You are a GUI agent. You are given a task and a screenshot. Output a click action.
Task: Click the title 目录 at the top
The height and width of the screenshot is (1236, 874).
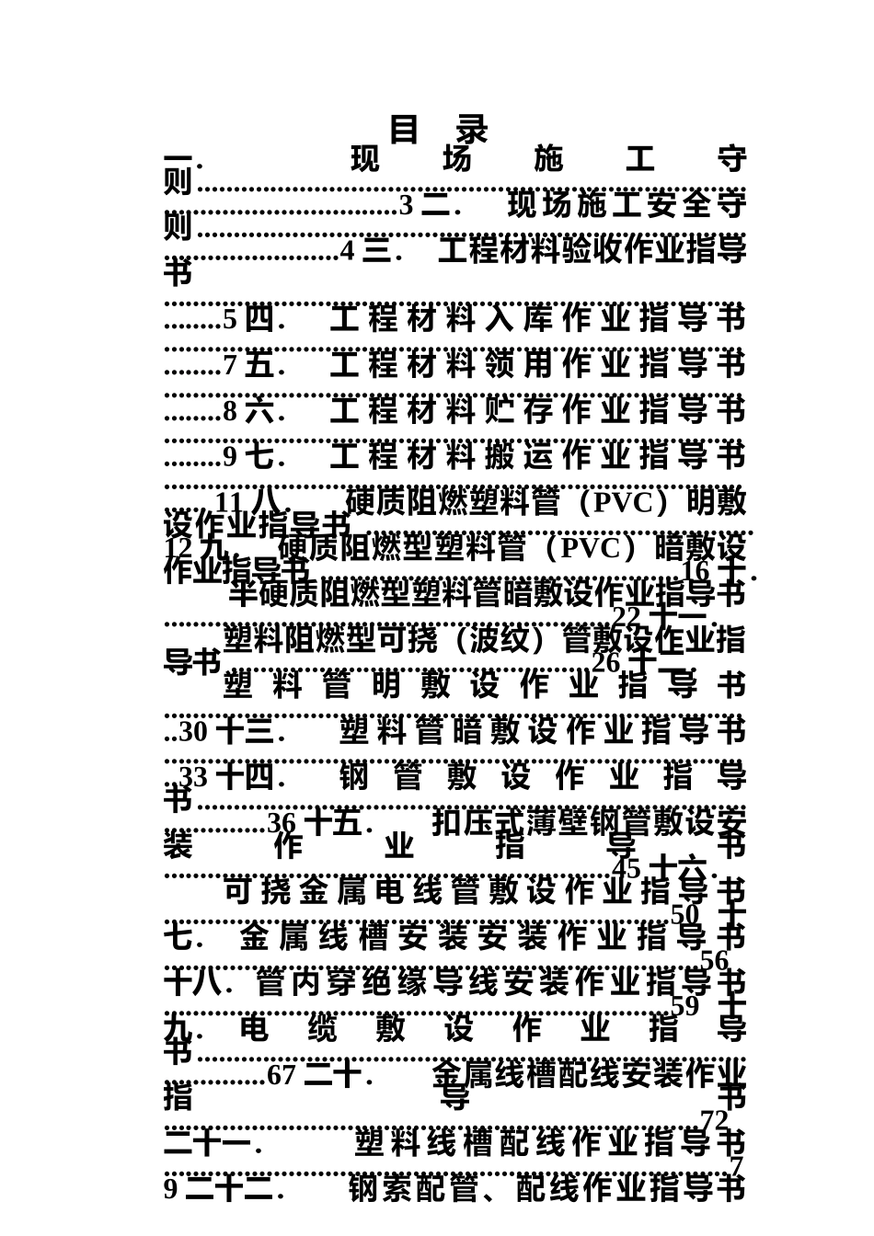coord(438,130)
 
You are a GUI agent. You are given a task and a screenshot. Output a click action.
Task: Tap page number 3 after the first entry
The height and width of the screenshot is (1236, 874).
coord(406,206)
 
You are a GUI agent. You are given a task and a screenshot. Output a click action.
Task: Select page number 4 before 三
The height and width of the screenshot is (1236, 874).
coord(347,250)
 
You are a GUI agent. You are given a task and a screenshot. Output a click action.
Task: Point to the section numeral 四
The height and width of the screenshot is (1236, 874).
coord(260,319)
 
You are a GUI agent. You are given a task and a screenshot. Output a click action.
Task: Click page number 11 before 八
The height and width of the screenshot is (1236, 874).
coord(229,502)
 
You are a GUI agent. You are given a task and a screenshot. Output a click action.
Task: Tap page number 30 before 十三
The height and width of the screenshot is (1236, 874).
coord(193,732)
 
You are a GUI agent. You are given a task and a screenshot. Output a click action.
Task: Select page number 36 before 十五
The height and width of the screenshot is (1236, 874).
coord(282,822)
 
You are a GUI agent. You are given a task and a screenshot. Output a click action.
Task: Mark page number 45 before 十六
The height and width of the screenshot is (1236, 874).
coord(627,868)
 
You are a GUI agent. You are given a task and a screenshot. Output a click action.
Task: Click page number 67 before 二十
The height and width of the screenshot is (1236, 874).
coord(281,1074)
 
